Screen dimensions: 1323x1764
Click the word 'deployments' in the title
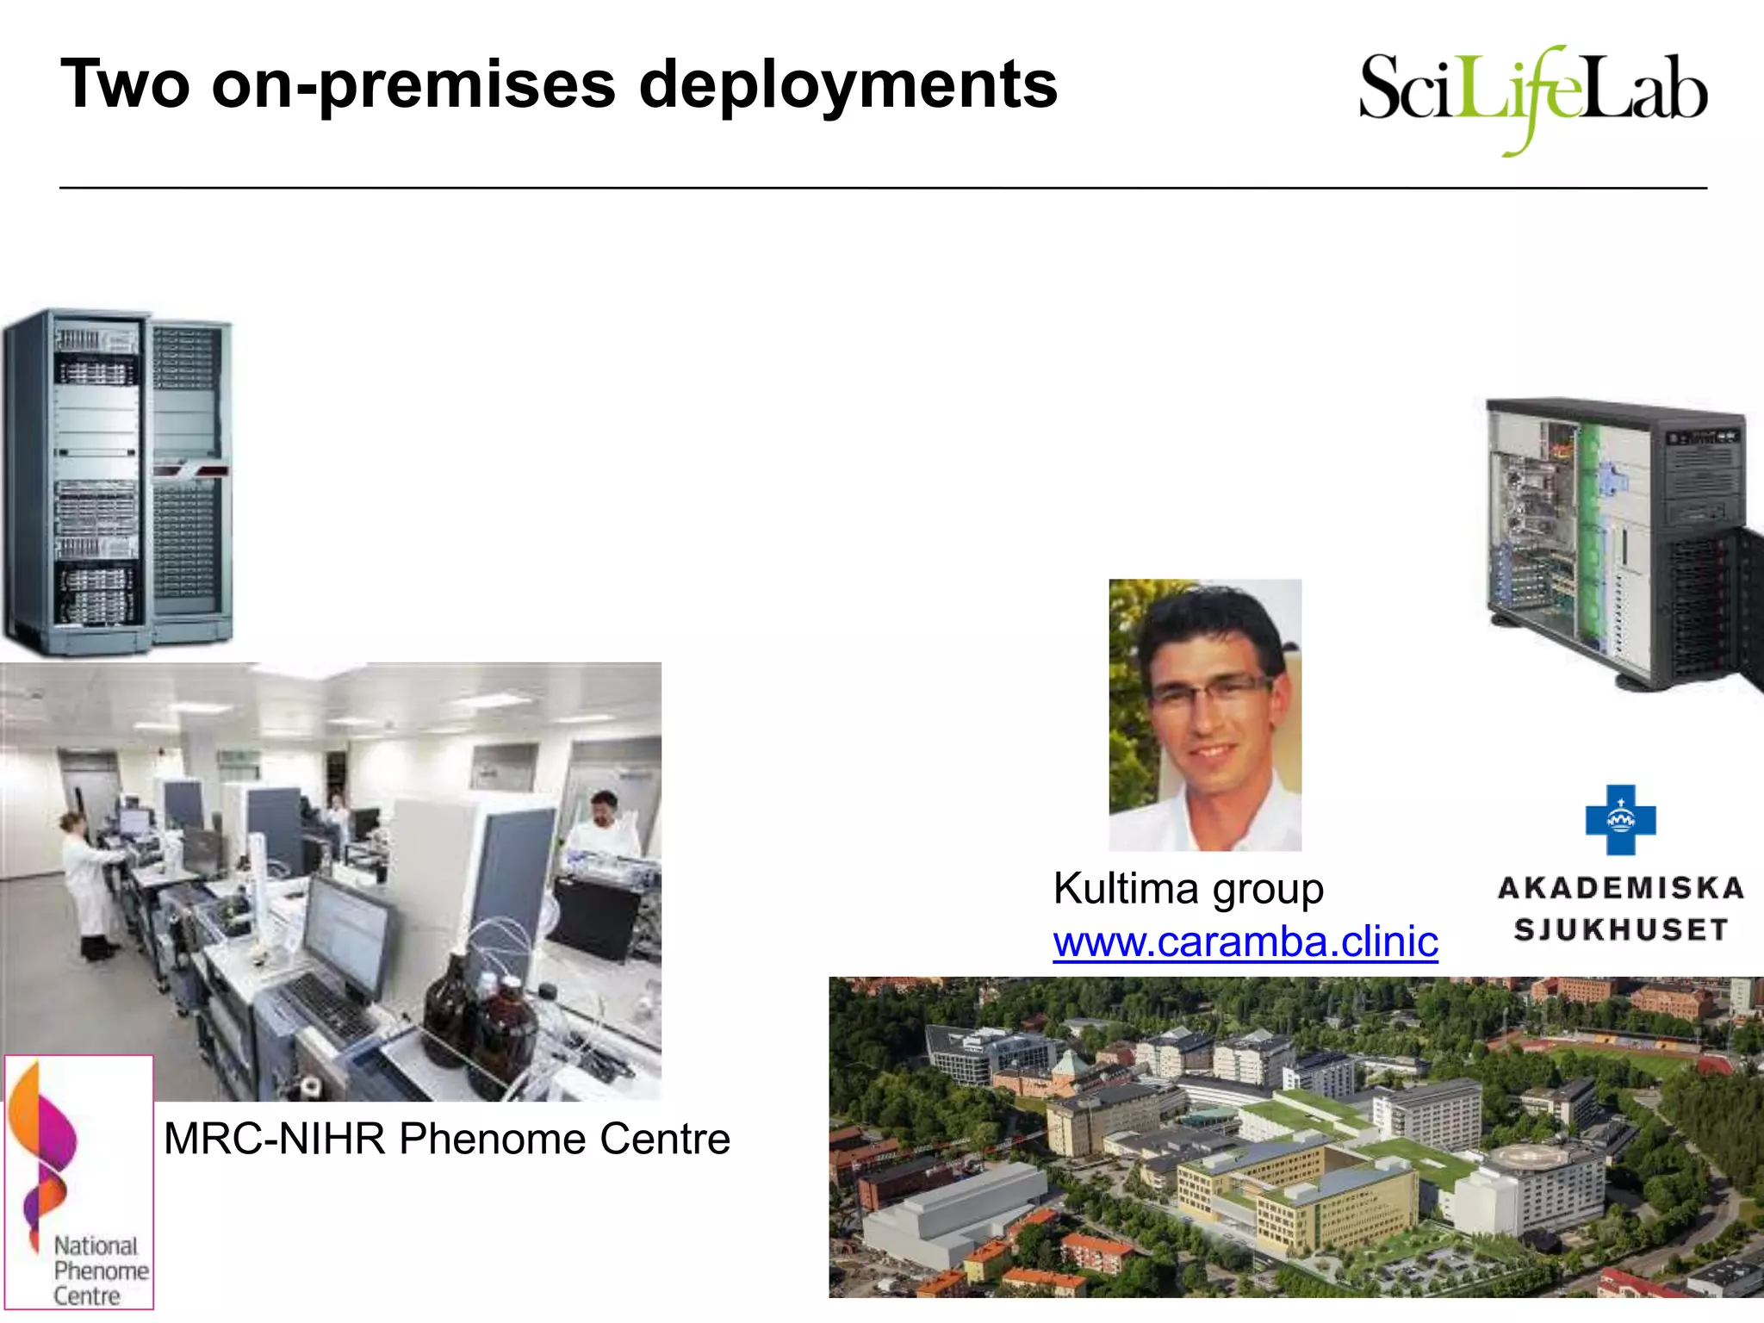(x=848, y=86)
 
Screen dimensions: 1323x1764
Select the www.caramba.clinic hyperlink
(x=1245, y=941)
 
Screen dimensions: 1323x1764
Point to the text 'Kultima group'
(x=1188, y=889)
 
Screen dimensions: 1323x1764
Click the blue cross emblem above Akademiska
(x=1620, y=819)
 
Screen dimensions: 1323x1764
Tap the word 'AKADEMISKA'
(x=1620, y=888)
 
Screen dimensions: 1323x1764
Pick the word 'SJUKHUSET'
(x=1620, y=930)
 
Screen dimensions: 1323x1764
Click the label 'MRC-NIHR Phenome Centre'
(x=446, y=1139)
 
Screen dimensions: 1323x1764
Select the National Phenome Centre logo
(x=79, y=1182)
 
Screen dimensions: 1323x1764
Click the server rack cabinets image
(x=116, y=482)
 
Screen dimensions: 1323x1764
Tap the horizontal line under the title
(x=882, y=187)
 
